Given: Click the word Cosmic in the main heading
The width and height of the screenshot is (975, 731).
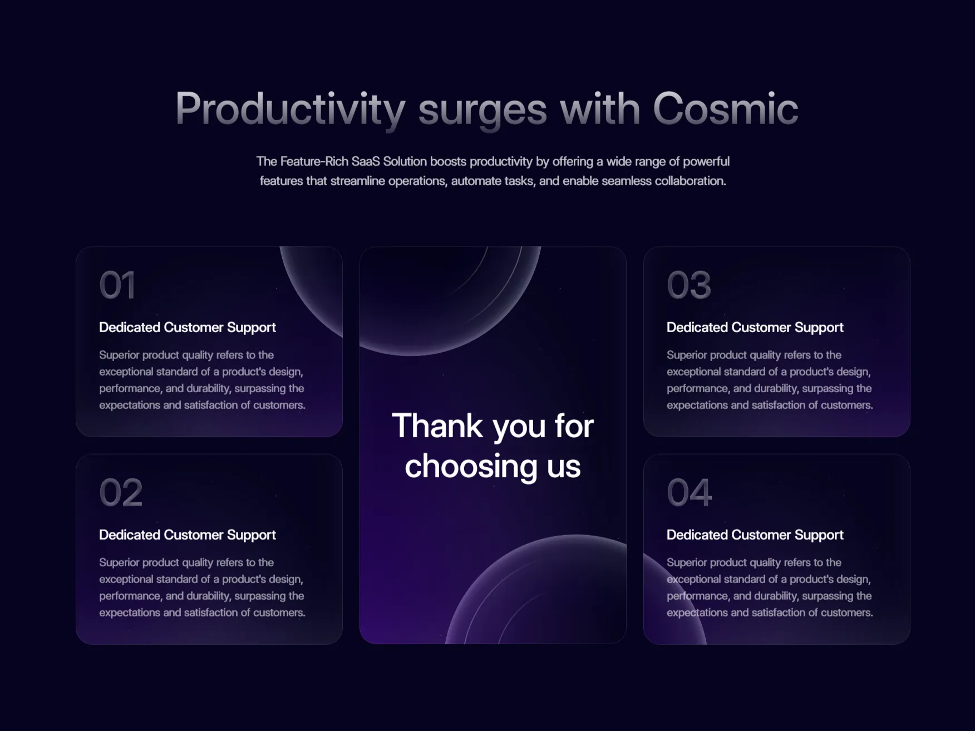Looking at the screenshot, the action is (726, 108).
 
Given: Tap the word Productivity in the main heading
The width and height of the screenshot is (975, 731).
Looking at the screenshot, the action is (290, 111).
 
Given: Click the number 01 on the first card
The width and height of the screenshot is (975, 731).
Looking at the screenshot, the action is (117, 285).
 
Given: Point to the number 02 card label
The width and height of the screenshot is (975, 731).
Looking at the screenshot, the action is (121, 492).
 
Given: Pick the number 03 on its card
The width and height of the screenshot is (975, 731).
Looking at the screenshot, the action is (689, 285).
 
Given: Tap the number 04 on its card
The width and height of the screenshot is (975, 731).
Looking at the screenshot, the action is (690, 492).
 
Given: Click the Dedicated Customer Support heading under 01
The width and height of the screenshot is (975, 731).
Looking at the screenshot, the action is (188, 327).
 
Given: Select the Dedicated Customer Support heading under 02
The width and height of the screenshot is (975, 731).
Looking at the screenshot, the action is (188, 535).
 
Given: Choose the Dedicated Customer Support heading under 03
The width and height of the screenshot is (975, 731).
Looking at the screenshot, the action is (755, 327).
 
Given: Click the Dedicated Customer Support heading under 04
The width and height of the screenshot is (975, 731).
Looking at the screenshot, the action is (755, 535).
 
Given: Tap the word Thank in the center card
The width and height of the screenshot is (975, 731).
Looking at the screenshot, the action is (437, 426).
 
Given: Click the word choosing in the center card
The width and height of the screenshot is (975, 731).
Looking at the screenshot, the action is (471, 467).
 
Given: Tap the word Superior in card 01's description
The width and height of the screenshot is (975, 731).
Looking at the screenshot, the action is (119, 355).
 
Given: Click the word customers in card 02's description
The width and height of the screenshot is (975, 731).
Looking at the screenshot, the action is (278, 613).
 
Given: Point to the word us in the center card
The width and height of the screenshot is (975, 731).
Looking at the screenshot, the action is (564, 467).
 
